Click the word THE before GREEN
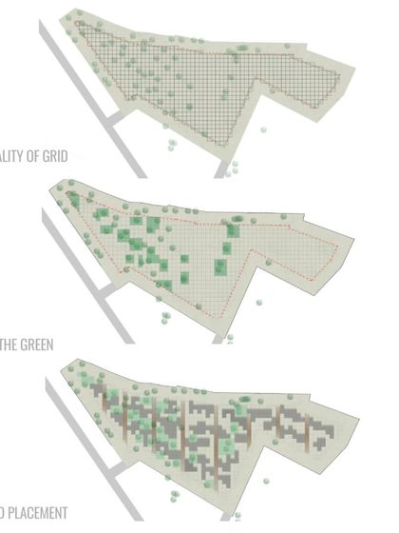pyautogui.click(x=9, y=344)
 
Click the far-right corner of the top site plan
pyautogui.click(x=354, y=68)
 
